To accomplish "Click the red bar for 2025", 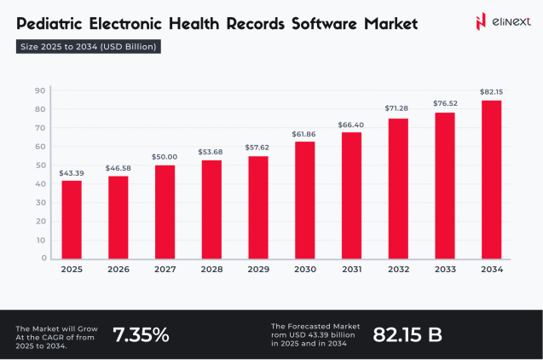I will (72, 219).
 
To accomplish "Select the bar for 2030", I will (304, 200).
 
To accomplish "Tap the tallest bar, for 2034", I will (490, 179).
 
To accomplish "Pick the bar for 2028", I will (211, 209).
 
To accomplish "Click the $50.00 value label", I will (165, 156).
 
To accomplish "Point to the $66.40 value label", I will (350, 124).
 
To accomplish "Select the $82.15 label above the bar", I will (490, 91).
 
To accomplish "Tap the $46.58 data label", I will (118, 168).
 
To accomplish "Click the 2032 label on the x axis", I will (397, 270).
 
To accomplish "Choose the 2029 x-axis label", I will (257, 270).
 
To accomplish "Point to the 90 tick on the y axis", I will (39, 90).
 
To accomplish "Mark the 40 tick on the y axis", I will (39, 183).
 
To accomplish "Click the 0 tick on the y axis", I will (42, 258).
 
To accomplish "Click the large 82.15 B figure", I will (407, 334).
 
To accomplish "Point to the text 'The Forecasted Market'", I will (315, 326).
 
